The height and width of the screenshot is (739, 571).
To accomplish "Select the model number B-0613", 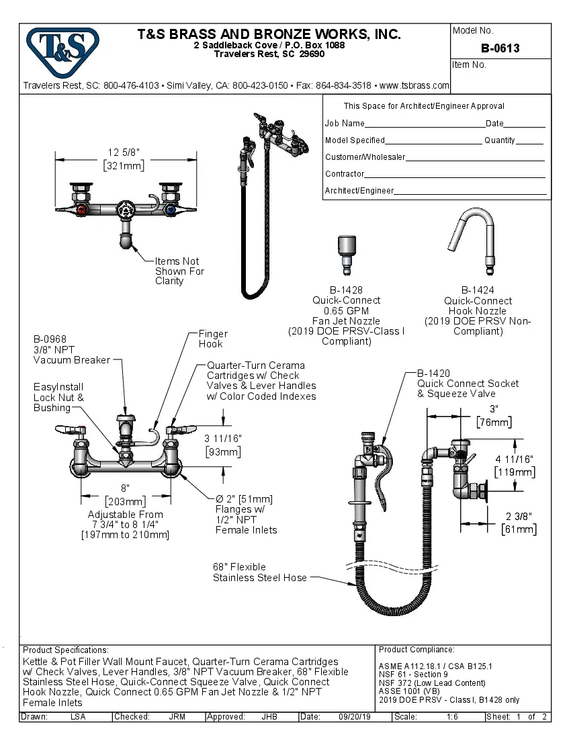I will point(500,48).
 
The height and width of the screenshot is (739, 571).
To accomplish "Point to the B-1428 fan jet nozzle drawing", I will point(347,256).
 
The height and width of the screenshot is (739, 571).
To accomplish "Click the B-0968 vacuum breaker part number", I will point(50,339).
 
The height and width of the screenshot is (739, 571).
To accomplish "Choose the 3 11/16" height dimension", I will point(222,438).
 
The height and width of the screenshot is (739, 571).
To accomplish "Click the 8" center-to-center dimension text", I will point(125,488).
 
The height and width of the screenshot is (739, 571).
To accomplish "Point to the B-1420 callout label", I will point(433,374).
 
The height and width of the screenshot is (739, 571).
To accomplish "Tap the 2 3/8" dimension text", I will point(518,516).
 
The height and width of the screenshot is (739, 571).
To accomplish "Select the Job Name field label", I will point(345,124).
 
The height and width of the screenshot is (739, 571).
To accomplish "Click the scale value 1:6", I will point(453,717).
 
